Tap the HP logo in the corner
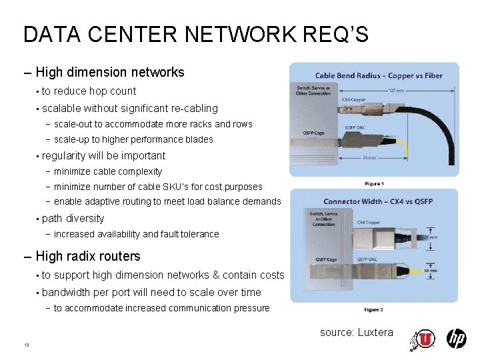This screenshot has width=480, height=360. [x=456, y=339]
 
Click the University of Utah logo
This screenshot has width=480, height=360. [x=422, y=339]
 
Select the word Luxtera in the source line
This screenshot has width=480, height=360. [x=376, y=332]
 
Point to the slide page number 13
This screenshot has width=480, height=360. [x=26, y=345]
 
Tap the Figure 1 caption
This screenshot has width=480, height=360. [x=374, y=183]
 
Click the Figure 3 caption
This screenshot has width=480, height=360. [x=373, y=309]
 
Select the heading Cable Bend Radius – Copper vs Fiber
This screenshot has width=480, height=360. [x=379, y=75]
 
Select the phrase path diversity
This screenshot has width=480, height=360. [x=73, y=218]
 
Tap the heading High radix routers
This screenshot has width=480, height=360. [x=88, y=256]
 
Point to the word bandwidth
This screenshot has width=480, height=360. [x=67, y=292]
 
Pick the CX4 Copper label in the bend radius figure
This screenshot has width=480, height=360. [x=355, y=99]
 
